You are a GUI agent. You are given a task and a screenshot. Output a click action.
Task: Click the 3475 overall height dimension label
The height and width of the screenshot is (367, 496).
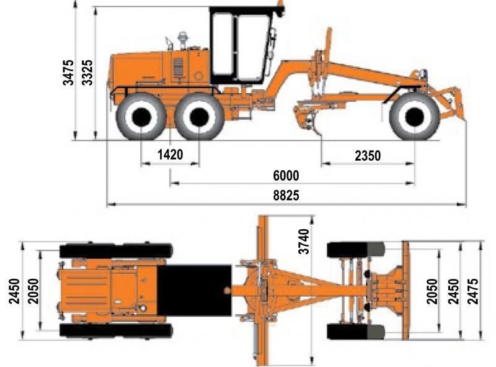[68, 73]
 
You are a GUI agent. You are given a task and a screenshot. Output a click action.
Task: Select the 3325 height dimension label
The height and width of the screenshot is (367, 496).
[87, 73]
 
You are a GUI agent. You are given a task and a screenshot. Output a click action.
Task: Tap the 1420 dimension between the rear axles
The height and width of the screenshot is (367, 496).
[170, 155]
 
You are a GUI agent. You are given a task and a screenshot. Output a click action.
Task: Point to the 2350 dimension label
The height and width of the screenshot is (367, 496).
[368, 156]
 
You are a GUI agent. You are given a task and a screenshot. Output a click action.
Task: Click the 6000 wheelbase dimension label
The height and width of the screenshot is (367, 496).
[286, 176]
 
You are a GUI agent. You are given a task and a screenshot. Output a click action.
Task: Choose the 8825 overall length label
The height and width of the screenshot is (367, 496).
[286, 196]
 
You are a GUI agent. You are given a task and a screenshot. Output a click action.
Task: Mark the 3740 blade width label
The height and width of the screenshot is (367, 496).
[304, 242]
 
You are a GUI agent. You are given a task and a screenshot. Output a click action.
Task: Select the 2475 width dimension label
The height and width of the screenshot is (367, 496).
[473, 291]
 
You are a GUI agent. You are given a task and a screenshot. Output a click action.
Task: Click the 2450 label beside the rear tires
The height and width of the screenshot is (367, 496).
[14, 291]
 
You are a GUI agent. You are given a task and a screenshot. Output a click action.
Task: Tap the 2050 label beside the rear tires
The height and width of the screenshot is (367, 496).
[33, 291]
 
